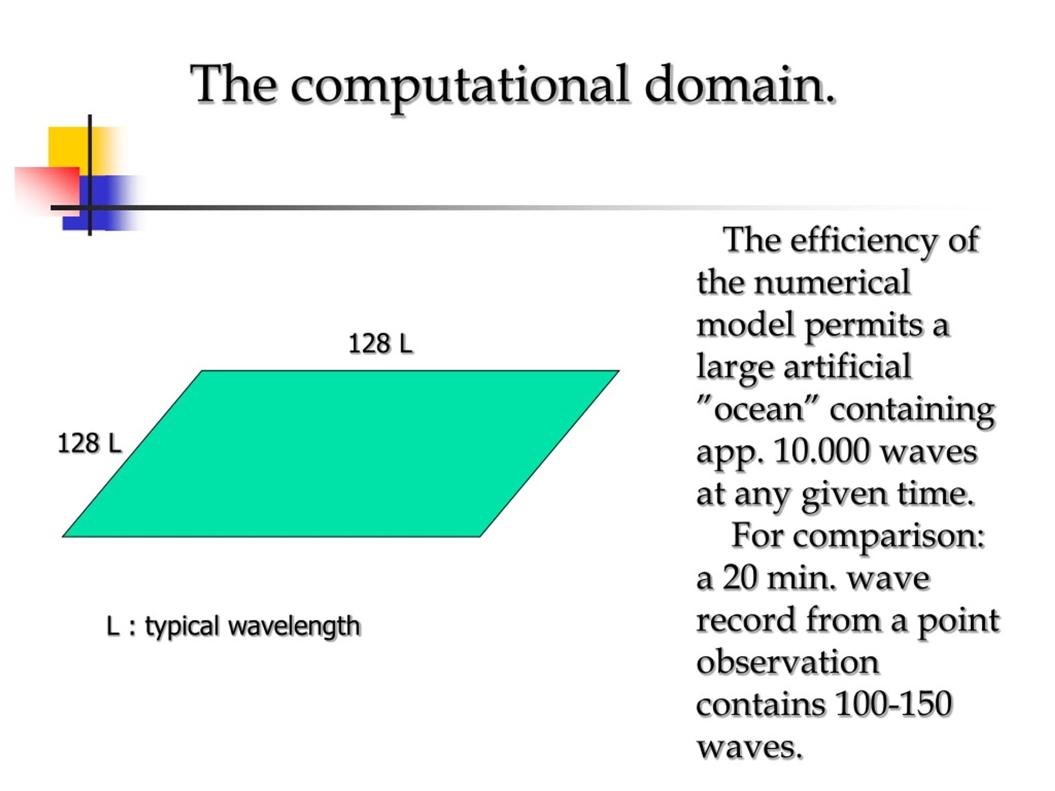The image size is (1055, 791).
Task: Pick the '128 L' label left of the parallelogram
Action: [89, 443]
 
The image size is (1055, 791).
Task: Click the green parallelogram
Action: [341, 454]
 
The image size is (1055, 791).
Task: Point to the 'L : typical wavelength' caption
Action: [233, 627]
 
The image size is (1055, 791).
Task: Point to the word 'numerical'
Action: [832, 282]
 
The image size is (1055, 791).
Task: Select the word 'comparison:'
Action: [889, 537]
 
